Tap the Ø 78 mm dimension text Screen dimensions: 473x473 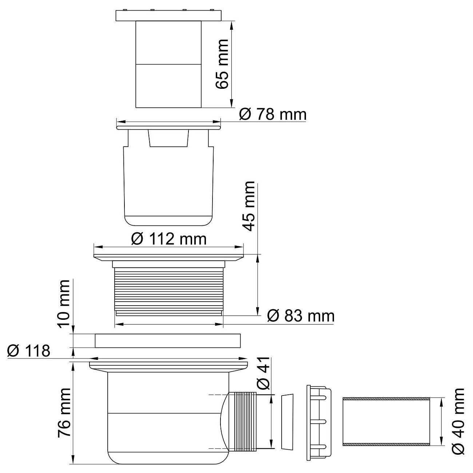coord(273,115)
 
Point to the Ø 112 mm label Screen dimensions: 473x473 coord(168,239)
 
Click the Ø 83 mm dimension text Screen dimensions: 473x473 coord(301,315)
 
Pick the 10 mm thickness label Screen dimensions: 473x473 coord(64,304)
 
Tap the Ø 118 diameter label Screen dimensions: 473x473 coord(28,351)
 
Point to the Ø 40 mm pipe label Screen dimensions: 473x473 coord(459,421)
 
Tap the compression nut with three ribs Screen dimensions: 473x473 coord(319,422)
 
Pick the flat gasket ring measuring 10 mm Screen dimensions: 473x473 coord(168,341)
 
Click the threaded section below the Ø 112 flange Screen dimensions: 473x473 coord(168,289)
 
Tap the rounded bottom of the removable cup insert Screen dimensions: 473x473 coord(168,220)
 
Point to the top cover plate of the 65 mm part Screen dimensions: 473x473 coord(168,16)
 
